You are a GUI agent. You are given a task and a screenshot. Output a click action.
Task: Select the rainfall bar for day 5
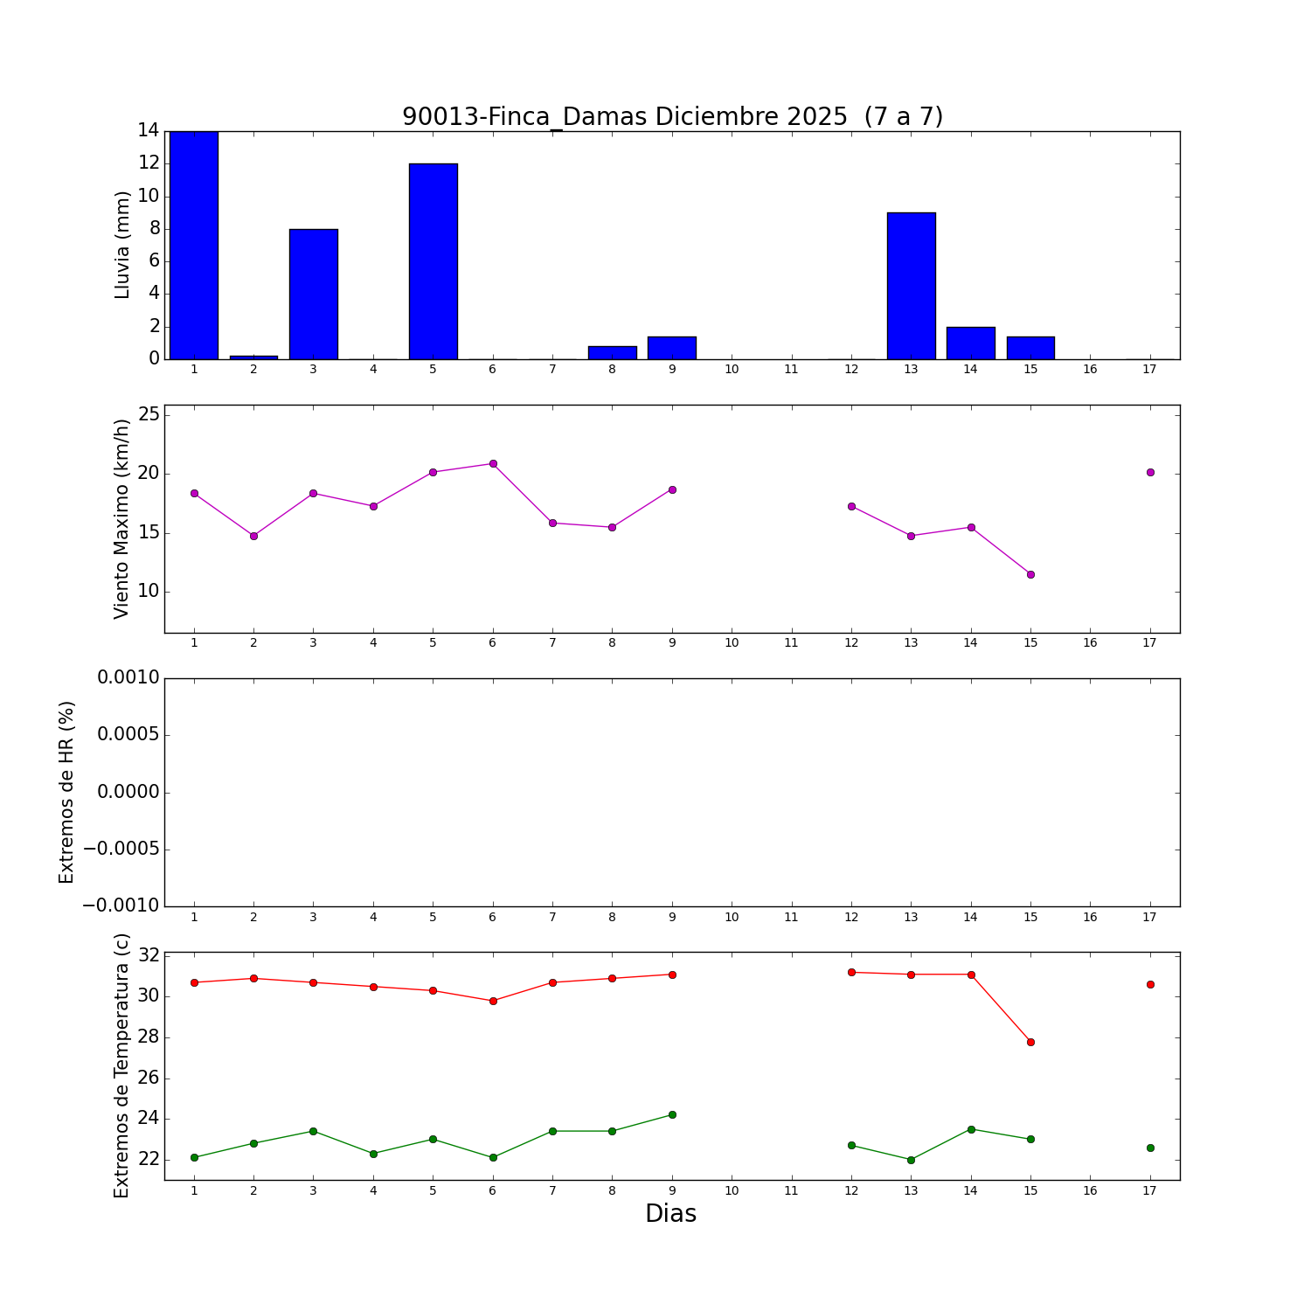tap(433, 261)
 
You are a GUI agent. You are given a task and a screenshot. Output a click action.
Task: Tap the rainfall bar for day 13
tap(911, 286)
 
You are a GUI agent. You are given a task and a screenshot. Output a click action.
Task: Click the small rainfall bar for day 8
tap(612, 353)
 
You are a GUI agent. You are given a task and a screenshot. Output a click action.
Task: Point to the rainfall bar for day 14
tap(970, 343)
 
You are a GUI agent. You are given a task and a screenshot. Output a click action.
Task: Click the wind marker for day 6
tap(493, 463)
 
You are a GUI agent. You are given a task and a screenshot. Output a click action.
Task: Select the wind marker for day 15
tap(1030, 574)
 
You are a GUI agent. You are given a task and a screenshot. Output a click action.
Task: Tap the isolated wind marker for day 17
tap(1150, 472)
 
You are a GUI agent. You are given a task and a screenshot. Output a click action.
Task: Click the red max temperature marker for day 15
tap(1030, 1042)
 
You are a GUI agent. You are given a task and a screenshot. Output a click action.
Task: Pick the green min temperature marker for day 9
tap(672, 1114)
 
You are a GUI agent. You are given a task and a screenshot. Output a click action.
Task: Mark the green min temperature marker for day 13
tap(911, 1160)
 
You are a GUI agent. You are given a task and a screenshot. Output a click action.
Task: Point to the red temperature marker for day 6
tap(493, 1001)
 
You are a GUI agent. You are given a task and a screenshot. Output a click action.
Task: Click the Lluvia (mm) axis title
tap(122, 245)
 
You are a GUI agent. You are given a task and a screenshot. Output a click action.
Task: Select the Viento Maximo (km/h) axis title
tap(121, 518)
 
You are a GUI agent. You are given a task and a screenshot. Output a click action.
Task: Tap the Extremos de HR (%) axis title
tap(66, 792)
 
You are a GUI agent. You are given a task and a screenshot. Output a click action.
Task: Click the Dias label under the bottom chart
tap(670, 1213)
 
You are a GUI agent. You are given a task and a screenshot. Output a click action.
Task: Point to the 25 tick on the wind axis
tap(149, 414)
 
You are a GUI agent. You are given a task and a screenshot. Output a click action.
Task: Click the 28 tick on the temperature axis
tap(149, 1037)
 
